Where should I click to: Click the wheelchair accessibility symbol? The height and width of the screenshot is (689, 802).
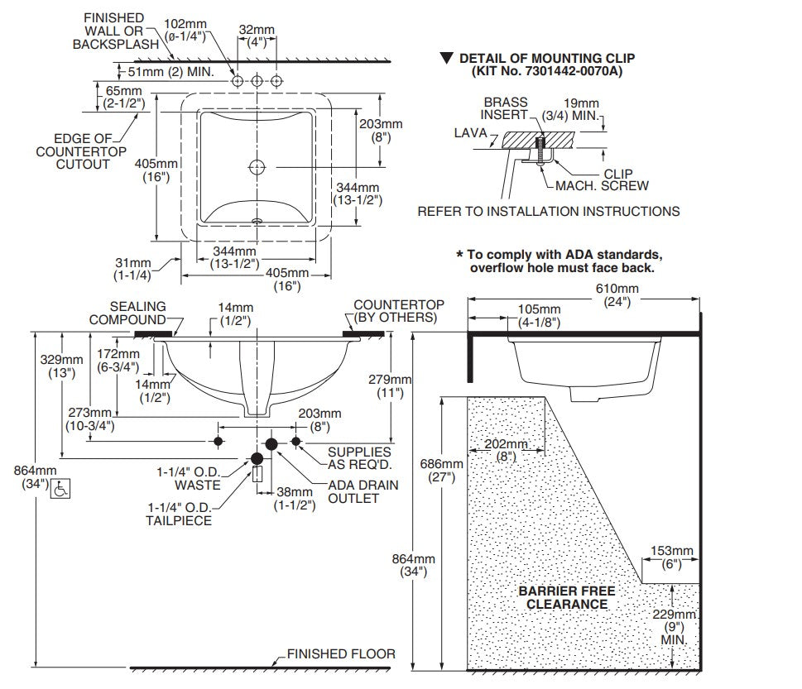[61, 489]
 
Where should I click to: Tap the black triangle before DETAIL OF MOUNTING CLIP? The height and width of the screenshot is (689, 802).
[447, 58]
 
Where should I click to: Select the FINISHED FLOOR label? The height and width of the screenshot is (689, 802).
[341, 653]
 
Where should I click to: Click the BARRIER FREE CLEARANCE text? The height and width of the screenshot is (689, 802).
[567, 597]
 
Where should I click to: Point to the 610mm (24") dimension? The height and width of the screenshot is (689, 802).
[617, 295]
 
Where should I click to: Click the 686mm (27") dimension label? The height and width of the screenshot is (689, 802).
[441, 471]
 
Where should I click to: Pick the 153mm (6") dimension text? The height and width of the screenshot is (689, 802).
[671, 557]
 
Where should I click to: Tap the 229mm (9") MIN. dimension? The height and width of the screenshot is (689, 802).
[675, 627]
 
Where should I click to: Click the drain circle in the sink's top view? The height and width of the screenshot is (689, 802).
[257, 167]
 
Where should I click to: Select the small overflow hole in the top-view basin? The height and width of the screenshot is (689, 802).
[257, 222]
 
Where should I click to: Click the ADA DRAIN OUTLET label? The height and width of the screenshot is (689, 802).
[363, 491]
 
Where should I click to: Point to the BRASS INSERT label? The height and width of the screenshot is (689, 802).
[505, 108]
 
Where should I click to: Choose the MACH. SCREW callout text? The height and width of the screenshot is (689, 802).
[602, 185]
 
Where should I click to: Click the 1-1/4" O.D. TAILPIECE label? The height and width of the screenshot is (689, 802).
[179, 514]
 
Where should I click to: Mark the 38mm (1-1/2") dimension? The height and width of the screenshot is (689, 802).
[295, 499]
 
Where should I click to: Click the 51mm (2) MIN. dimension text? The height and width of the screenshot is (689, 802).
[170, 72]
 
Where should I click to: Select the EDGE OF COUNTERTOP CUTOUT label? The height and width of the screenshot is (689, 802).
[81, 151]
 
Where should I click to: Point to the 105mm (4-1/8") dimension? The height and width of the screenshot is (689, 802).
[539, 315]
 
